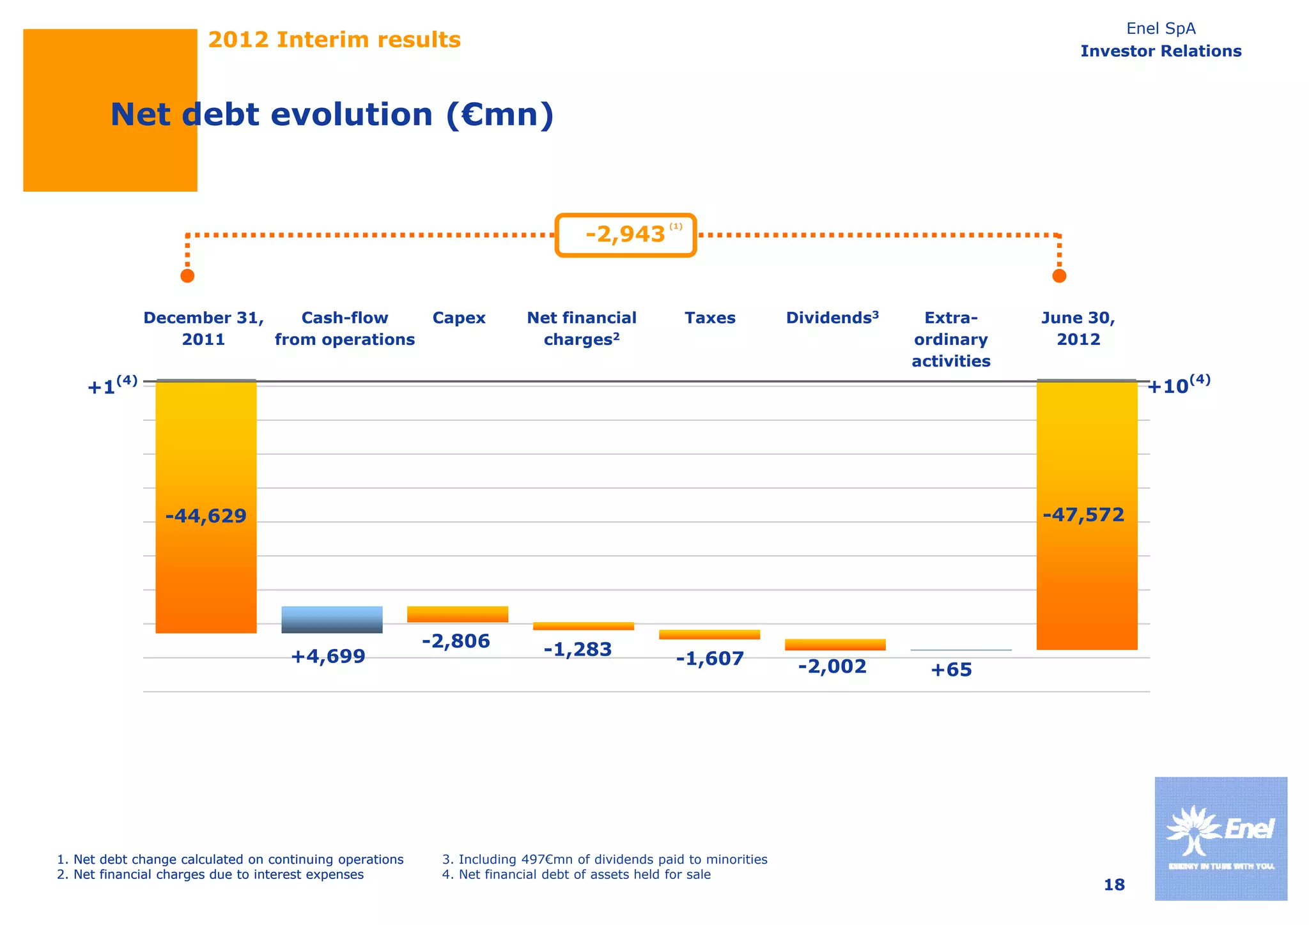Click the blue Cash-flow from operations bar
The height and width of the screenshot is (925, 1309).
(332, 620)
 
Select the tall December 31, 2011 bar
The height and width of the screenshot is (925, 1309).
(206, 507)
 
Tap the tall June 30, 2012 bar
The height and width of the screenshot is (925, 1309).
(1087, 515)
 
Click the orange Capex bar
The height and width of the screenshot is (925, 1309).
(458, 615)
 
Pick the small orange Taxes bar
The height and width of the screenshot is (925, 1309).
(709, 634)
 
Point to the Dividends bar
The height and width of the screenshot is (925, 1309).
(835, 645)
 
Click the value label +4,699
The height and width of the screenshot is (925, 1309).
(328, 656)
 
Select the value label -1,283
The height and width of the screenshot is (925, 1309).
(578, 650)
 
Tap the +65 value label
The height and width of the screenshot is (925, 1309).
(951, 670)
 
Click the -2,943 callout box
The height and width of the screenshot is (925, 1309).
(626, 235)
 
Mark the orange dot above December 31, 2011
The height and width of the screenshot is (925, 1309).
(187, 276)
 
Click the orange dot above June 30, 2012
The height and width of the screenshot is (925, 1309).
(1059, 276)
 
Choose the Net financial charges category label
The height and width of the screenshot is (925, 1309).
(582, 328)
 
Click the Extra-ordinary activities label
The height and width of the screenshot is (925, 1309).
(951, 339)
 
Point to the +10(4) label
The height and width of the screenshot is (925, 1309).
(1178, 385)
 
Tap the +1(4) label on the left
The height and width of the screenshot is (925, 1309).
(112, 386)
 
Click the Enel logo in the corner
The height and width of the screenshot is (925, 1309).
(1220, 838)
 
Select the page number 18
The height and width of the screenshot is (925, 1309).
(1114, 885)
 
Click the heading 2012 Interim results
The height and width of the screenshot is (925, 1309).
(334, 40)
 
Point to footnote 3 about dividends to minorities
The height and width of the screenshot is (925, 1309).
(605, 859)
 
